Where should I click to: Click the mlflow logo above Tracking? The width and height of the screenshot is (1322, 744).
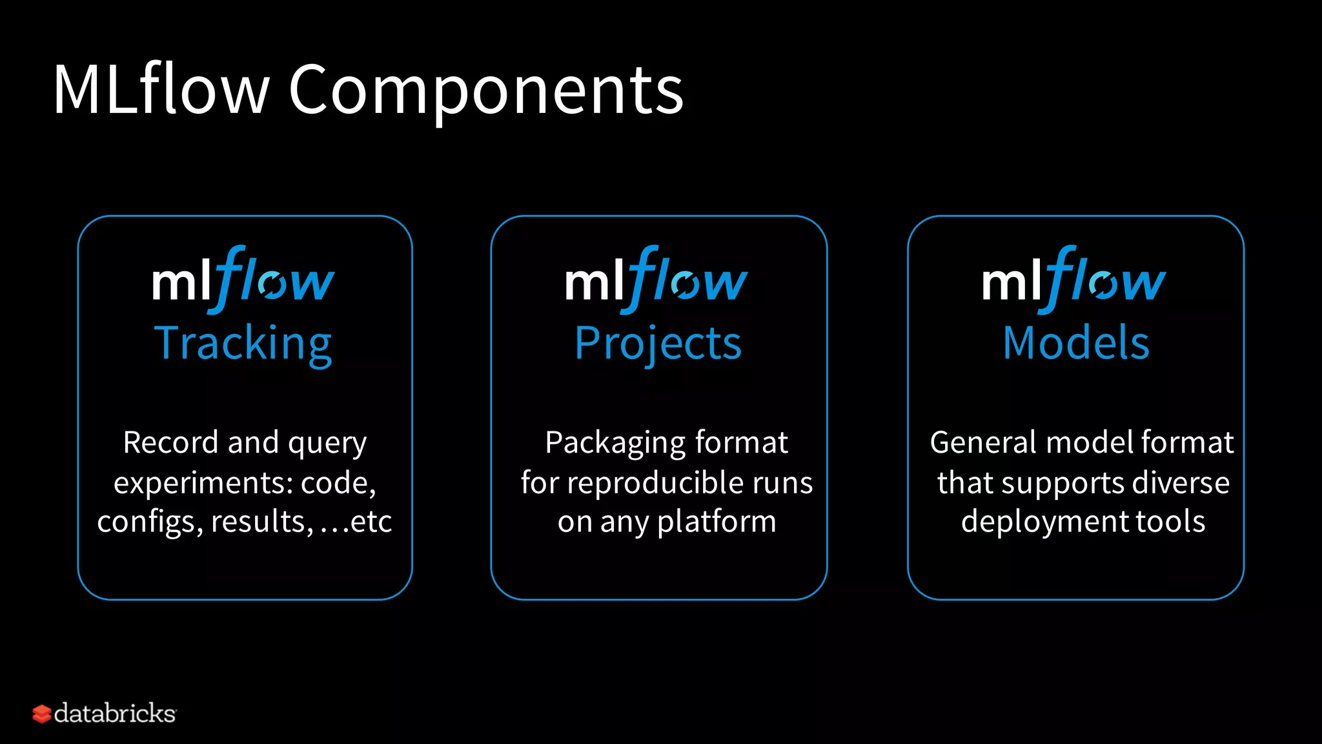(x=243, y=280)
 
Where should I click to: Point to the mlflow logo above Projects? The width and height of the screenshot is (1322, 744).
(x=656, y=280)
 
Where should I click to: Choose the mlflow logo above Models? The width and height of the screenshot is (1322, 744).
(x=1074, y=280)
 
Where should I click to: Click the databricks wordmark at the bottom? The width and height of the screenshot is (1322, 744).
(x=115, y=714)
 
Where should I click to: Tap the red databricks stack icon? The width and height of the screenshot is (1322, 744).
(x=41, y=714)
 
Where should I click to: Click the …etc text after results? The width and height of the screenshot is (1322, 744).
(x=356, y=522)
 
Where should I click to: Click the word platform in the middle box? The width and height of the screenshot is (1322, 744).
(x=717, y=522)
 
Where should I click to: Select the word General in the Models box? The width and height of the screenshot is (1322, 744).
(x=984, y=442)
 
